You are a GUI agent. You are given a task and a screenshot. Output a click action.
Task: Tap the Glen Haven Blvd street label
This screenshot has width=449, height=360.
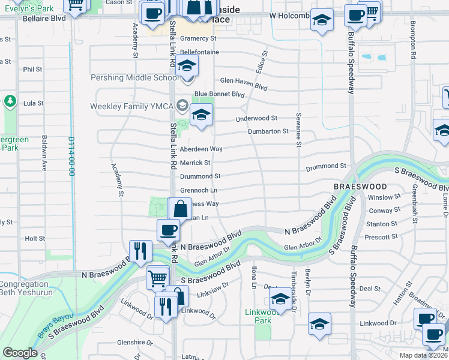pos(243,83)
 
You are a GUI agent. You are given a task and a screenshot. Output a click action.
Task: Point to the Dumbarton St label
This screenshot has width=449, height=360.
pos(268,131)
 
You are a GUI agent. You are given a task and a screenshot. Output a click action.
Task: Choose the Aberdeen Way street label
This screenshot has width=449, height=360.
pos(201,148)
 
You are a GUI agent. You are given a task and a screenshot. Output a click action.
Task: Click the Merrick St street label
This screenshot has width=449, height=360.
pos(195,163)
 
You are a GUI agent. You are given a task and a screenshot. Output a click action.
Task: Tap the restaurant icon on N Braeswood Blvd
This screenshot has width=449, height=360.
pos(140,251)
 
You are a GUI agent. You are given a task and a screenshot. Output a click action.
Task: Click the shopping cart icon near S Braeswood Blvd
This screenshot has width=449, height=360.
pos(157,277)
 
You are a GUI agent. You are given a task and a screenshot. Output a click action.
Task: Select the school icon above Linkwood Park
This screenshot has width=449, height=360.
pos(280,299)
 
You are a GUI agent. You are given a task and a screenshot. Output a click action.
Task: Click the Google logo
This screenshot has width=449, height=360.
pos(20,353)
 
